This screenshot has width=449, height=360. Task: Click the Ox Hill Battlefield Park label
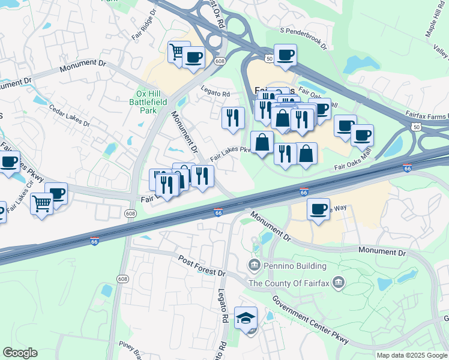tap(150, 102)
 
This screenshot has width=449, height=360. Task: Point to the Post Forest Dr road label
tap(201, 265)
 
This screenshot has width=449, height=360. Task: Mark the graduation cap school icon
tap(246, 317)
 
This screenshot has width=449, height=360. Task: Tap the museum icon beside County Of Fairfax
tap(339, 283)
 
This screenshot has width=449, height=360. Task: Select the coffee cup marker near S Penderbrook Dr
tap(285, 55)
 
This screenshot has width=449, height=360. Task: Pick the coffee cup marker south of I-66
tap(318, 209)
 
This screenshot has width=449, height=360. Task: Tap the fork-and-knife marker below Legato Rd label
tap(233, 117)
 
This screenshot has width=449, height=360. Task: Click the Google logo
tap(20, 353)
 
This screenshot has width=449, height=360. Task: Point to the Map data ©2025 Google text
tap(412, 355)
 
